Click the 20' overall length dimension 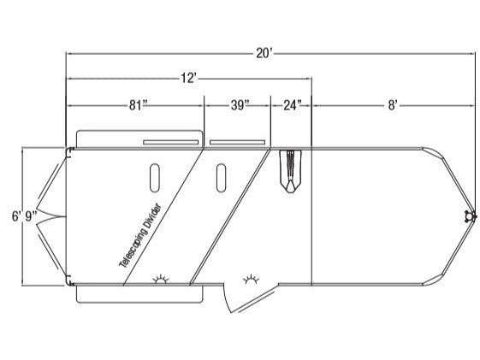(x=264, y=54)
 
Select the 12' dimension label (x=188, y=79)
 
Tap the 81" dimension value (x=139, y=105)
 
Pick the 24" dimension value (x=292, y=105)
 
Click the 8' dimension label (x=393, y=105)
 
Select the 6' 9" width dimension (x=25, y=216)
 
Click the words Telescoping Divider (x=139, y=236)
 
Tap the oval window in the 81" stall (x=155, y=178)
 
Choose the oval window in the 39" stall (x=221, y=178)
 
